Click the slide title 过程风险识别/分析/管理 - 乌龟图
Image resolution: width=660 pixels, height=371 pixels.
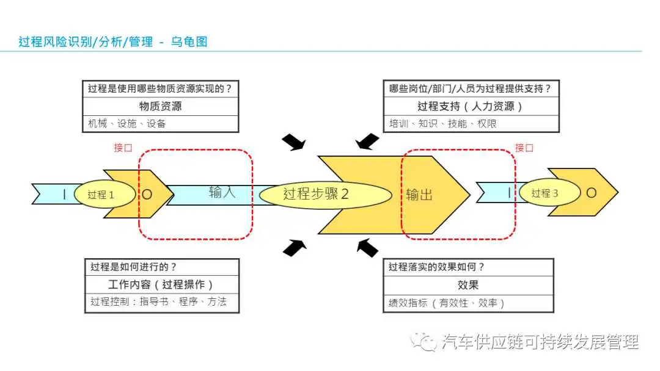coord(113,41)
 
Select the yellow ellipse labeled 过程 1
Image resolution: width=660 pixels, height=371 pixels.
coord(105,194)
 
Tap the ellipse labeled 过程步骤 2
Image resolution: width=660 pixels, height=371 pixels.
coord(325,195)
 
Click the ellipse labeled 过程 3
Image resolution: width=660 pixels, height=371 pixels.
coord(550,193)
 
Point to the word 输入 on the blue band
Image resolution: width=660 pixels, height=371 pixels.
coord(222,192)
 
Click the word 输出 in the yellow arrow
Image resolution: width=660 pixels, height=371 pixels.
coord(419,195)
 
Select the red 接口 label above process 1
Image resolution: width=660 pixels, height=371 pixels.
coord(123,148)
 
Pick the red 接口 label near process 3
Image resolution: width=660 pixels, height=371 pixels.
coord(524,148)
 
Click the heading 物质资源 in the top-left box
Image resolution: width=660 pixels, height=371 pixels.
coord(160,106)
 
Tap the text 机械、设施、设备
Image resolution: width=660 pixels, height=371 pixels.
coord(127,123)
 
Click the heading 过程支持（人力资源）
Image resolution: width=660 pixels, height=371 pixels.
coord(470,106)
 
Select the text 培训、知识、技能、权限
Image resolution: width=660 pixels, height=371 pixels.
coord(443,123)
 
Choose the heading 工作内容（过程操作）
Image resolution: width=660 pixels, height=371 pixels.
coord(160,284)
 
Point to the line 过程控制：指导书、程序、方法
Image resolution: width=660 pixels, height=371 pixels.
coord(159,301)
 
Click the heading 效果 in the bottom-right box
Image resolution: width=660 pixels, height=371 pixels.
coord(468,286)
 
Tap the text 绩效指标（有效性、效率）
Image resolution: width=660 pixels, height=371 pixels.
coord(446,303)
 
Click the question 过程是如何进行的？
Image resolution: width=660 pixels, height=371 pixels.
coord(133,267)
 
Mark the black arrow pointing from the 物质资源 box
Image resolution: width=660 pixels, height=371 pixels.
coord(294,142)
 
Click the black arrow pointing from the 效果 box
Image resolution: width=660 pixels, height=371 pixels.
coord(367,248)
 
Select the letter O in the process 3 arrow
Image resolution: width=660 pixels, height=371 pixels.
coord(592,193)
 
